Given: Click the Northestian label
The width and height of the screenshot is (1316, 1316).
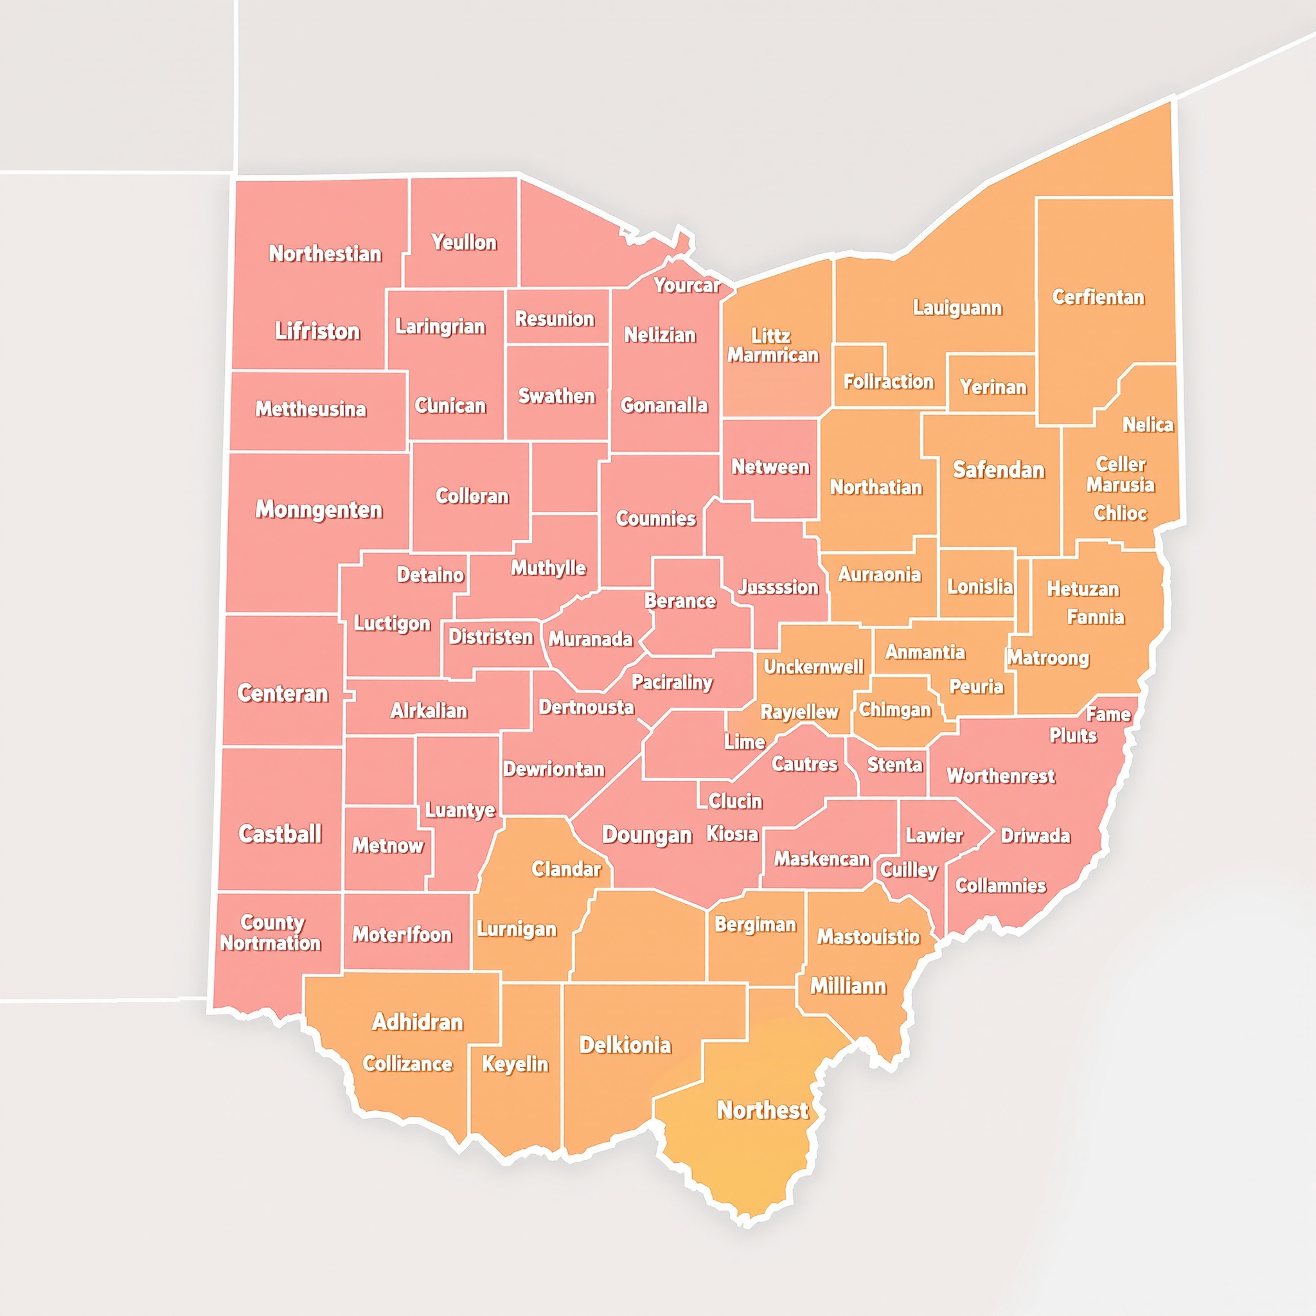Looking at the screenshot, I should coord(325,254).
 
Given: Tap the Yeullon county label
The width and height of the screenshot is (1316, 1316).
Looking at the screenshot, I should coord(464,242).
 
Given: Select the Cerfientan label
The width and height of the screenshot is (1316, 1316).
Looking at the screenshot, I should coord(1098,297).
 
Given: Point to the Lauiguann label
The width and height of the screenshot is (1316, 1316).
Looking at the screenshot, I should coord(957,308).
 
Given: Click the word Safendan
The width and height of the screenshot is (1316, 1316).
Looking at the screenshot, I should coord(998,470).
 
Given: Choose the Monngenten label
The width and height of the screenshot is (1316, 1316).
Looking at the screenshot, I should coord(319,510).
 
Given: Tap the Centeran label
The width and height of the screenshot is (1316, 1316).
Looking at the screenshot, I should coord(283,693).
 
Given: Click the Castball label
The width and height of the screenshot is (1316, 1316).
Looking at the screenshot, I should coord(280,833).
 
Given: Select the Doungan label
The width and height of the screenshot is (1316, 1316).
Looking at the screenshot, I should coord(646,835).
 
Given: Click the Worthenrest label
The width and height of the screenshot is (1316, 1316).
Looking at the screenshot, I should coord(1000,776).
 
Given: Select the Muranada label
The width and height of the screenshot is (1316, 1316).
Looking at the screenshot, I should coord(591,639).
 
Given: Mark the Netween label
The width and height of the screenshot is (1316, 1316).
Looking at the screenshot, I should coord(770,467).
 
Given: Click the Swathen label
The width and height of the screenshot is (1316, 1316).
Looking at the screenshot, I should coord(556,396).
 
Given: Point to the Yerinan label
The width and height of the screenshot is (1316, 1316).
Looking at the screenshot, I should coord(993,387).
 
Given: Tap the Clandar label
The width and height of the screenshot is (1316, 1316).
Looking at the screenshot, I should coord(566,869).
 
